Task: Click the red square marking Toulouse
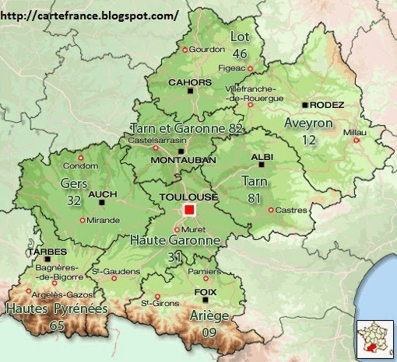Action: tap(188, 211)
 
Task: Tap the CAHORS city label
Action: tap(190, 82)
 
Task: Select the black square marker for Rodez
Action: tap(305, 105)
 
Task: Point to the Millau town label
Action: tap(354, 132)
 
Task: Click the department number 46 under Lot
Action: tap(239, 53)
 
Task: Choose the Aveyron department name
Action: tap(309, 124)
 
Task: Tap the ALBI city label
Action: tap(262, 157)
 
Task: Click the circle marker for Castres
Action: tap(270, 210)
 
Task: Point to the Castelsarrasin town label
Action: tap(157, 140)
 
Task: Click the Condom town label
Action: tap(81, 165)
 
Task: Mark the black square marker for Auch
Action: tap(102, 203)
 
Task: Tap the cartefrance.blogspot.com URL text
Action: tap(90, 15)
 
